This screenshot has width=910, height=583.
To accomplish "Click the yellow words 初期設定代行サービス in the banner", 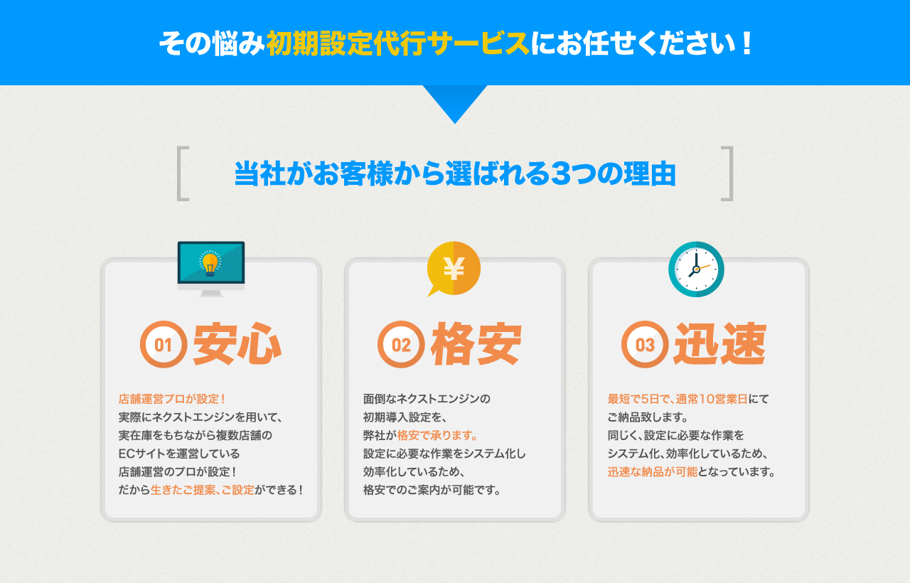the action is click(398, 43).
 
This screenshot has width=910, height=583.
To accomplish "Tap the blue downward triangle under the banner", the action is click(455, 102).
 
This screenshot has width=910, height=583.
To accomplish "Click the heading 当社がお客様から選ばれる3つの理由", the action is click(455, 174).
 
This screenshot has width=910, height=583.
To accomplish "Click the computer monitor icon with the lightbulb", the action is click(211, 269).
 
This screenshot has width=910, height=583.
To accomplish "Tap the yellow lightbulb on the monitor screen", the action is click(210, 263).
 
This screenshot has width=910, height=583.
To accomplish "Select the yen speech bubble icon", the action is click(454, 269).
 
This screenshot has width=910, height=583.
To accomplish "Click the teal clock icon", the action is click(696, 269).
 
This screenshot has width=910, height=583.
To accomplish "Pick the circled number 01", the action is click(164, 345).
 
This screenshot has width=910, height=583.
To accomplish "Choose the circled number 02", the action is click(401, 345).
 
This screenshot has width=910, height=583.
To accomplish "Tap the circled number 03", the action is click(645, 345).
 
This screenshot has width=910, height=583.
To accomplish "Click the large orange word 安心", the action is click(237, 343).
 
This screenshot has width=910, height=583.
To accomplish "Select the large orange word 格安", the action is click(476, 343).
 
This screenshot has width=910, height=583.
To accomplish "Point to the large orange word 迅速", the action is click(720, 343).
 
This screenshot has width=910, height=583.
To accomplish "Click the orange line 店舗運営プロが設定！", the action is click(172, 399).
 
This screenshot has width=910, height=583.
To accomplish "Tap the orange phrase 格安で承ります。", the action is click(437, 436).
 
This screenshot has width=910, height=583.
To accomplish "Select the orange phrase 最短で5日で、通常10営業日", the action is click(678, 399).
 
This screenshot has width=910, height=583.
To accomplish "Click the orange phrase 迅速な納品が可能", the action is click(653, 471).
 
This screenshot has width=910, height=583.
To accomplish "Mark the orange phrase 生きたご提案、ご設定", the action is click(203, 490).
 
